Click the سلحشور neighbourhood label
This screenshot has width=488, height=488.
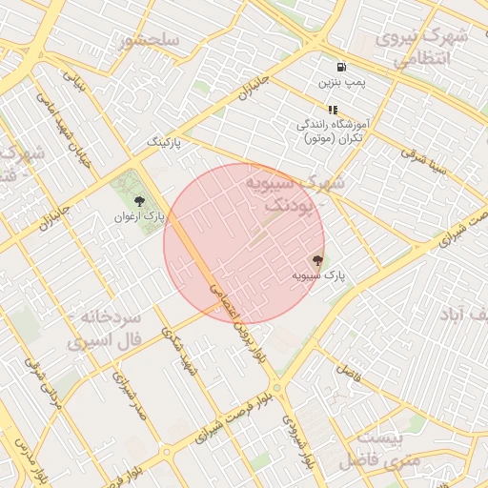click(x=151, y=40)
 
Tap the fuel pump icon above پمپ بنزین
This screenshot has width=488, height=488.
click(x=341, y=67)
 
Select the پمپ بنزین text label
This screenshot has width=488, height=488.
click(x=341, y=83)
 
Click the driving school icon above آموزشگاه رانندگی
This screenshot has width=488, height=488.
click(x=333, y=110)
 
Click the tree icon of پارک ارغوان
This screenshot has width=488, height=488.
click(x=139, y=201)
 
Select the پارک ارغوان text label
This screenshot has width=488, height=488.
click(x=139, y=216)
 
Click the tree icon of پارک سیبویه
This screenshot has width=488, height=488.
click(x=317, y=259)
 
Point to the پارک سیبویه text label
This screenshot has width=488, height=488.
click(x=317, y=274)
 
